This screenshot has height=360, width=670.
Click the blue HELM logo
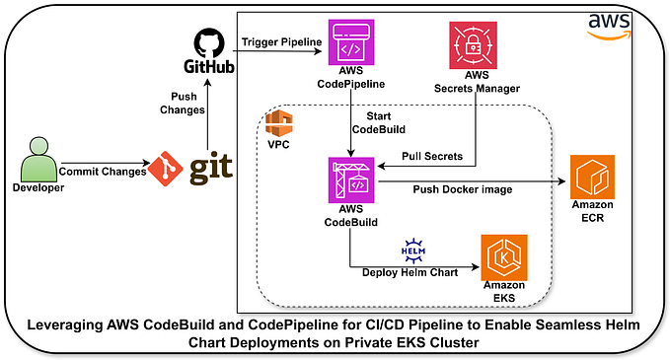point(413,250)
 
